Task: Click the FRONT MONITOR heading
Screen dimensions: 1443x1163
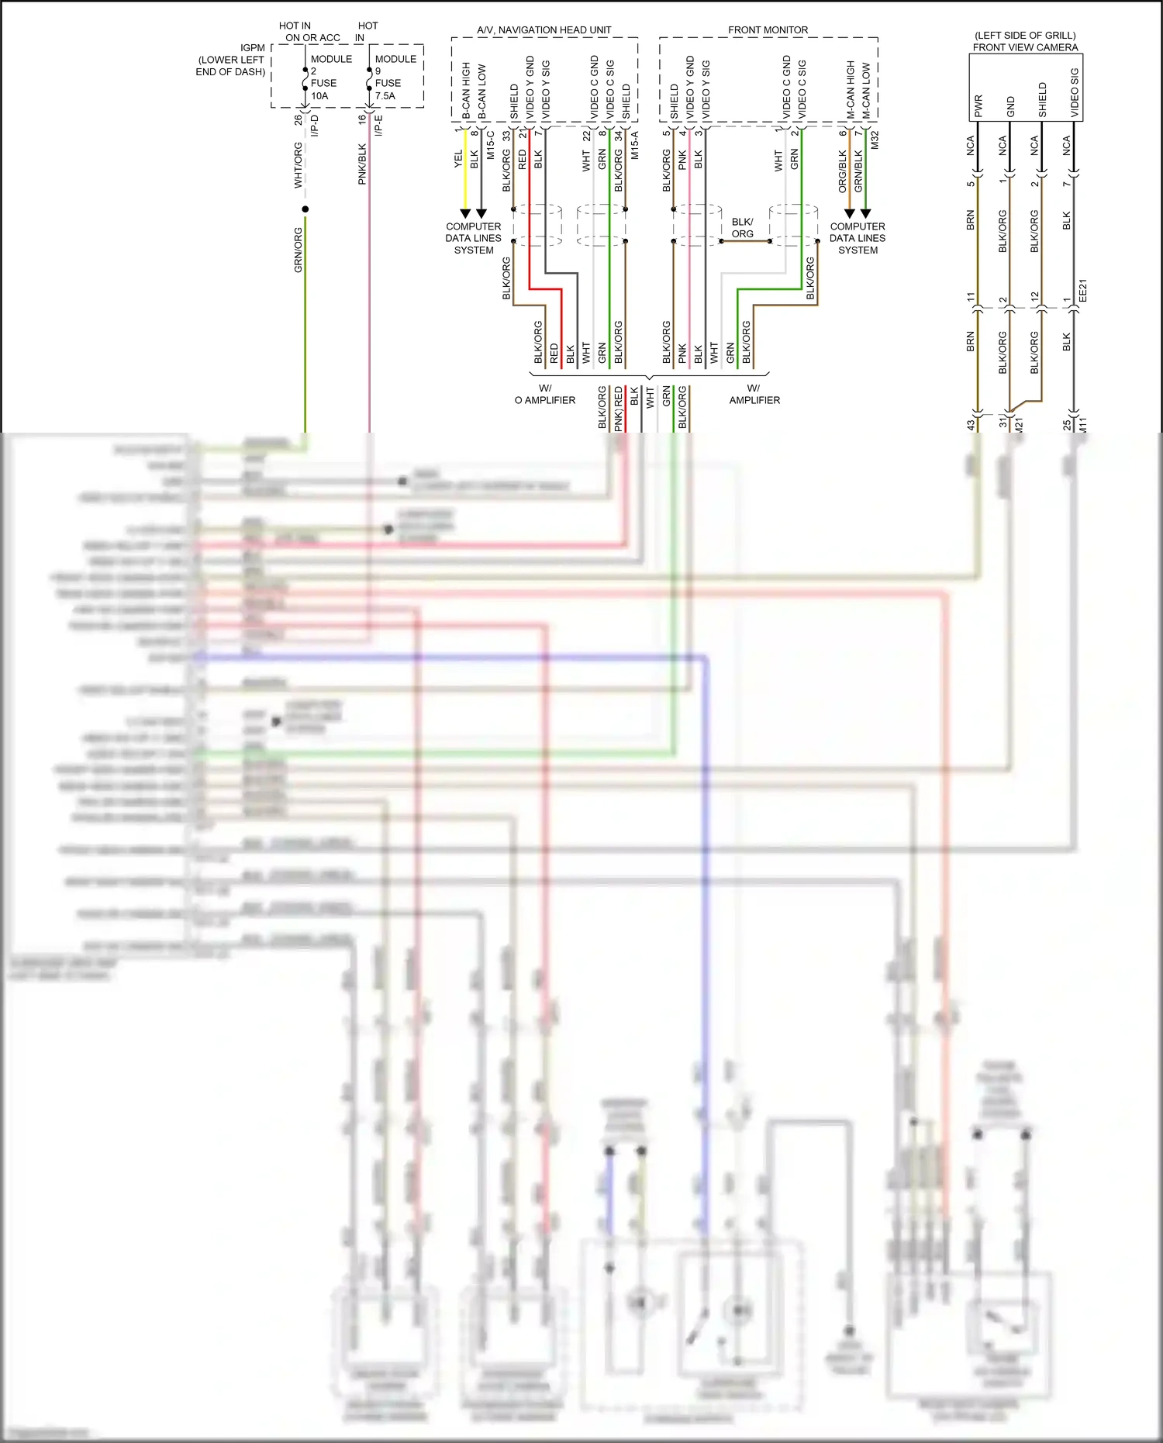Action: pyautogui.click(x=768, y=29)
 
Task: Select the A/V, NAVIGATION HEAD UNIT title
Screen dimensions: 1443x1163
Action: pyautogui.click(x=544, y=29)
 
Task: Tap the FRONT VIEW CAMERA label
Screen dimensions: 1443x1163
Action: pyautogui.click(x=1025, y=47)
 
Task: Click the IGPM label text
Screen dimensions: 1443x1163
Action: pyautogui.click(x=252, y=48)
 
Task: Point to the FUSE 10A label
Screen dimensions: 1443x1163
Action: pyautogui.click(x=323, y=89)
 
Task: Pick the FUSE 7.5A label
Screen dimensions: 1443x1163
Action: pyautogui.click(x=387, y=89)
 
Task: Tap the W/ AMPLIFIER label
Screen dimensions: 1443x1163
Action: pyautogui.click(x=754, y=394)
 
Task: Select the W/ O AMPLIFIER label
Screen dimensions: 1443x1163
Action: pyautogui.click(x=545, y=394)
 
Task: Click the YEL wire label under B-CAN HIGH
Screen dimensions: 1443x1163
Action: pyautogui.click(x=458, y=159)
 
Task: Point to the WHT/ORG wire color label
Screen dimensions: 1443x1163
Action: pyautogui.click(x=299, y=165)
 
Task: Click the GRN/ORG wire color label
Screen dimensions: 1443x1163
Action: pyautogui.click(x=299, y=250)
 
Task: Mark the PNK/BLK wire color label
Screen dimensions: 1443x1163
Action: pyautogui.click(x=362, y=164)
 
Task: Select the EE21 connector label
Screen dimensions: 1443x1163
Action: pyautogui.click(x=1083, y=290)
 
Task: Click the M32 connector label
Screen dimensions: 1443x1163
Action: pyautogui.click(x=875, y=140)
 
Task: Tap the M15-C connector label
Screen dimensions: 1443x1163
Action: pyautogui.click(x=491, y=145)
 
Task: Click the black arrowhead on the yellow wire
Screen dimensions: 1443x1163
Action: pyautogui.click(x=465, y=213)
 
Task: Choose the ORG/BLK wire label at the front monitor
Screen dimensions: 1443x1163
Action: pyautogui.click(x=843, y=171)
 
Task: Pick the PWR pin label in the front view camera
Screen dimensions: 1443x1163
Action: pyautogui.click(x=978, y=105)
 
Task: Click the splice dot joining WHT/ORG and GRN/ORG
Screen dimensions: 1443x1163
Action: pyautogui.click(x=305, y=209)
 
